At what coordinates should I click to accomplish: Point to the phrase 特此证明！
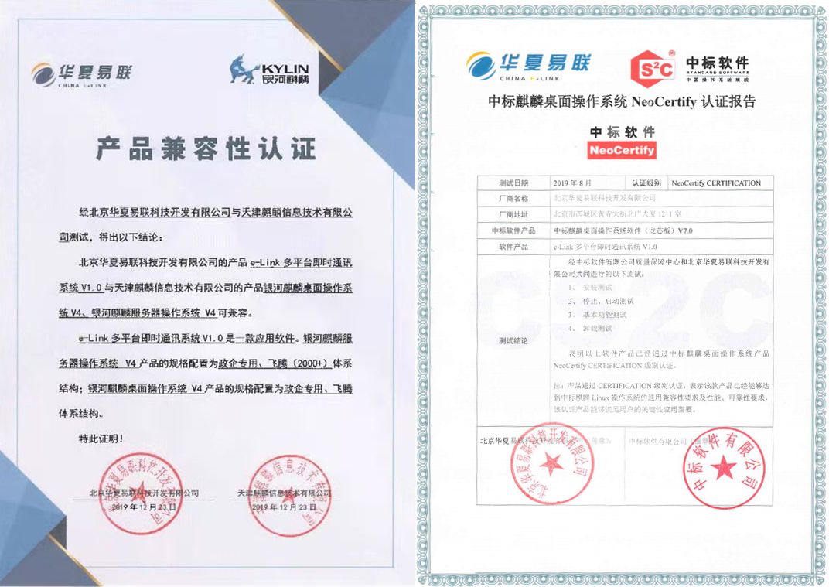(x=101, y=439)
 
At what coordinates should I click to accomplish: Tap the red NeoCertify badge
(x=622, y=150)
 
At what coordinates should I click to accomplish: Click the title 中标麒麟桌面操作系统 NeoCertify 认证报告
(x=622, y=102)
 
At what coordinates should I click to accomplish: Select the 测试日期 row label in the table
(x=513, y=183)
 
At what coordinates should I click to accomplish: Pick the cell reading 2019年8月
(x=573, y=183)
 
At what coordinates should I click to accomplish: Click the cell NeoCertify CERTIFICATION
(x=717, y=183)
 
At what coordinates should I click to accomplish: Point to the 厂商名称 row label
(x=513, y=198)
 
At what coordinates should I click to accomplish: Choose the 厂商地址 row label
(x=513, y=213)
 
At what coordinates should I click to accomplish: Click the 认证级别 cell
(x=646, y=183)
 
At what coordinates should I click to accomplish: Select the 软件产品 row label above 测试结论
(x=513, y=246)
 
